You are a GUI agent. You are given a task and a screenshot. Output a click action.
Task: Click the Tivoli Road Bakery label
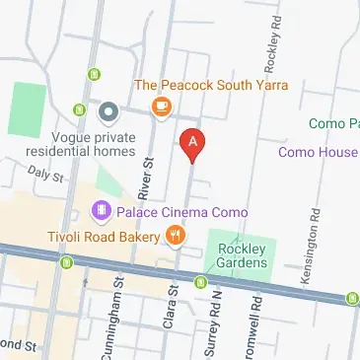[102, 237]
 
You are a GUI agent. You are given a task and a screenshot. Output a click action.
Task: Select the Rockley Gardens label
[242, 255]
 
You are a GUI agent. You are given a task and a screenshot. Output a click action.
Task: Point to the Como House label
[318, 152]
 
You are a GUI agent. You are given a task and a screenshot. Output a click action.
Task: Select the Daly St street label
[45, 175]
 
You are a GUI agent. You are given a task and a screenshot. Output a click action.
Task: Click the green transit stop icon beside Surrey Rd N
[200, 282]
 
